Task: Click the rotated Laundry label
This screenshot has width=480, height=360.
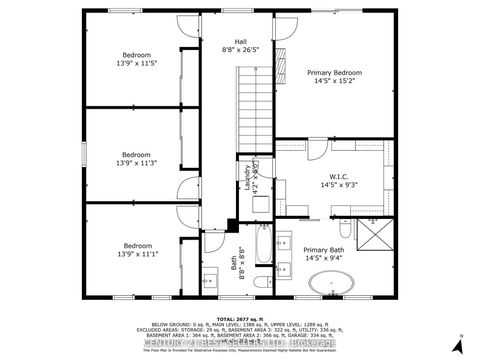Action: coord(246,179)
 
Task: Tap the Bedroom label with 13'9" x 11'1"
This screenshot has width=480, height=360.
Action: coord(136,245)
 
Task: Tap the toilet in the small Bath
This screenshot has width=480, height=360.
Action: coord(259,284)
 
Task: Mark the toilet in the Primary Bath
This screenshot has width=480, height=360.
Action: coord(344,219)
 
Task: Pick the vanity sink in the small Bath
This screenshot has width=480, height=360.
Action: coord(212,277)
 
